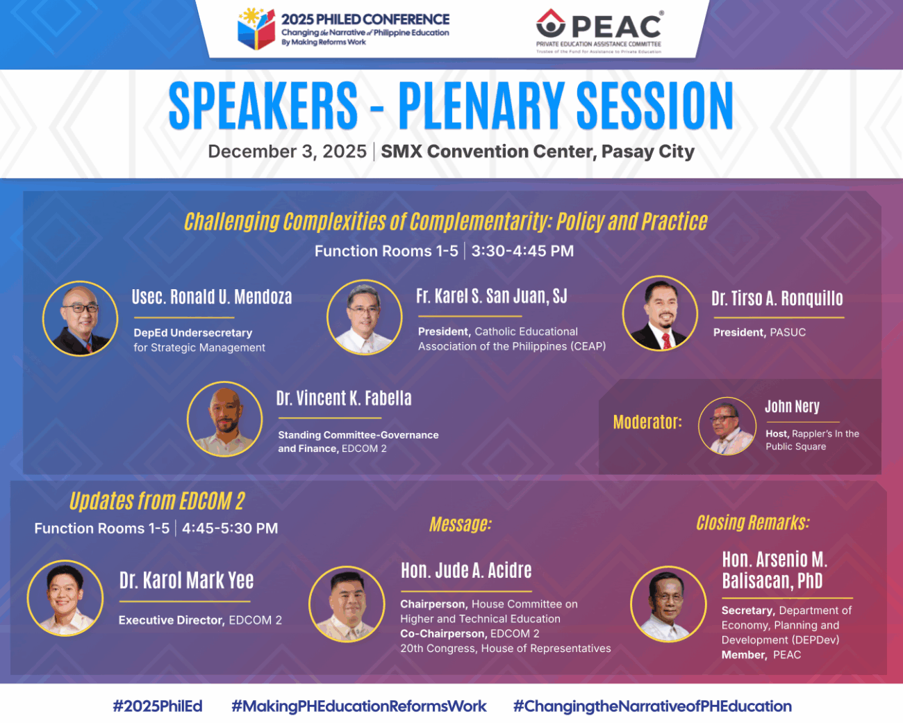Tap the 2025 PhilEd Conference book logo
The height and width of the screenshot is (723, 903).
256,29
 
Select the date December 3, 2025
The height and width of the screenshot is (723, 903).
288,152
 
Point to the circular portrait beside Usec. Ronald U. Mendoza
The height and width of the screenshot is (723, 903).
80,318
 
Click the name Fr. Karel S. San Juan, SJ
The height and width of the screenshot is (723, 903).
491,296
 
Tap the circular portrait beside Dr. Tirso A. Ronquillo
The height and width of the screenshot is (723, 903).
660,314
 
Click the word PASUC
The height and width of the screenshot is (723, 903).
788,332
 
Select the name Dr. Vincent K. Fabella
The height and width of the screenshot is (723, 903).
344,398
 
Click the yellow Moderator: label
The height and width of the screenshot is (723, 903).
647,422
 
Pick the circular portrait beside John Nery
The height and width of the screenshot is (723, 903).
727,426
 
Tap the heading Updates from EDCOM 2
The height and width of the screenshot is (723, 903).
157,501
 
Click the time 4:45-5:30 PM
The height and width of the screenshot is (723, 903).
230,528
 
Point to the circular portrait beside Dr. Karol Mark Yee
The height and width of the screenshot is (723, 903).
65,598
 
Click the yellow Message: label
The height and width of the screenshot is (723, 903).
461,524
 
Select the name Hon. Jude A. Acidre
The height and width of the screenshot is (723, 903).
466,571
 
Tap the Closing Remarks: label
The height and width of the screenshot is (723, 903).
753,523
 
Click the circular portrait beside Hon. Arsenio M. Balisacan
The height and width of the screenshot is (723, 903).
668,603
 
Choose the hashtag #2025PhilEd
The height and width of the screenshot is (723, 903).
158,706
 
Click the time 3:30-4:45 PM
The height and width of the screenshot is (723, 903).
522,251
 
